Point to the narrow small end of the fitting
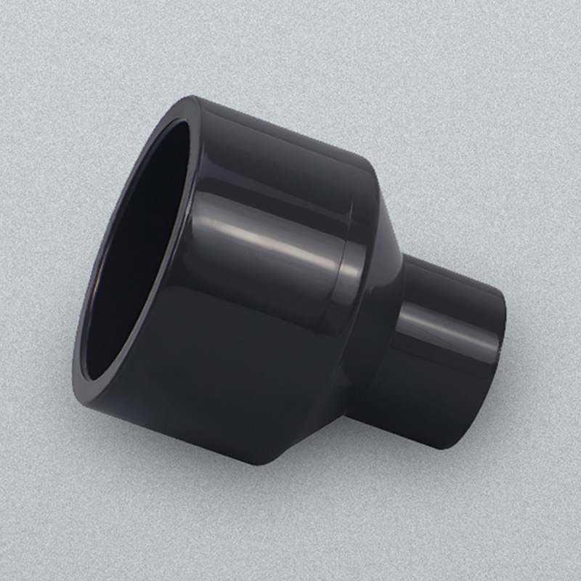[x=450, y=341]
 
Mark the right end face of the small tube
[x=500, y=349]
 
